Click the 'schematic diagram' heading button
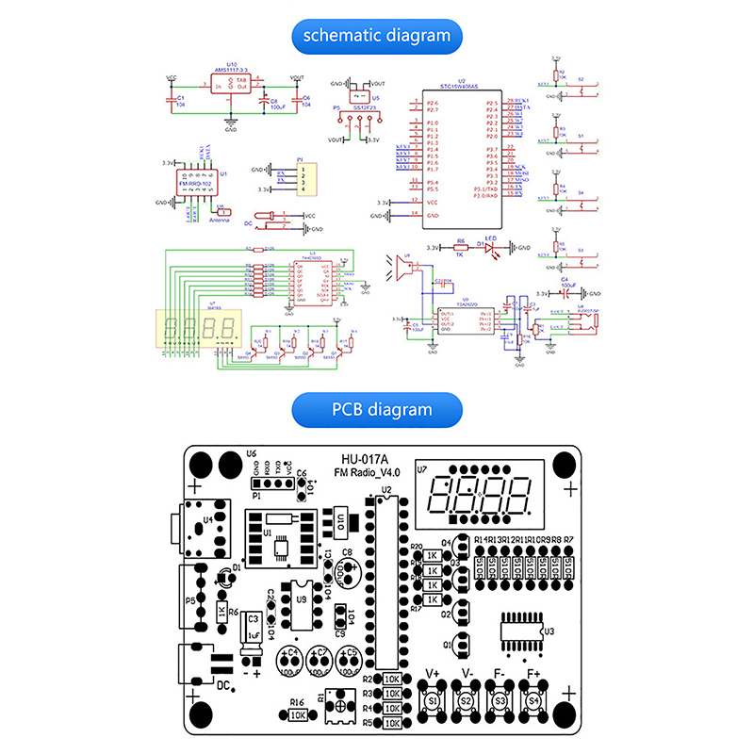[377, 36]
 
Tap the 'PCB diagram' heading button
[377, 409]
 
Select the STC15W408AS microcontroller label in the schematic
[462, 87]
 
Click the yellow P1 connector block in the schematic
[304, 179]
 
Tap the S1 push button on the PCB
[433, 702]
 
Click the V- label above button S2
[466, 675]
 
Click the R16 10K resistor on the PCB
[299, 714]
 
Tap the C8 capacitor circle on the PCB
[347, 569]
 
